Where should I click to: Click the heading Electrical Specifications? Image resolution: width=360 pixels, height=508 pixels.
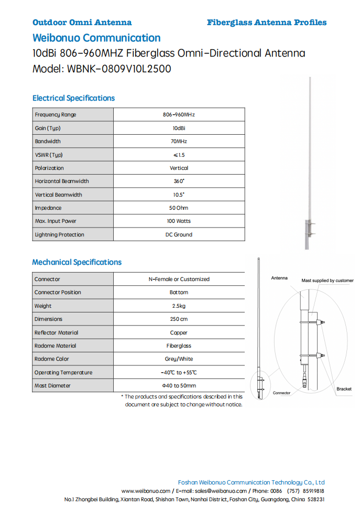coord(73,98)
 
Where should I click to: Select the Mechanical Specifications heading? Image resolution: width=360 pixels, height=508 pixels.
coord(77,262)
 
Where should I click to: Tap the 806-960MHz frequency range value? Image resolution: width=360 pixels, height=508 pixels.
coord(179,114)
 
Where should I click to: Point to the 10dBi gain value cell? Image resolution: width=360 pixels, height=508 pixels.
coord(179,128)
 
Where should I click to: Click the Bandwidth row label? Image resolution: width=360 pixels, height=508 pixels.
coord(48,142)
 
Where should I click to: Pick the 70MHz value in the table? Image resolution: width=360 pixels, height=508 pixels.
coord(179,142)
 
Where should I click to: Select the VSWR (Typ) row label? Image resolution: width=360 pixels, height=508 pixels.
coord(49,155)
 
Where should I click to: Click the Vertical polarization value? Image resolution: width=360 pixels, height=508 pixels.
coord(179,168)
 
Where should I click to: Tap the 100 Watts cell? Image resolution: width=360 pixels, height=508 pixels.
coord(179,221)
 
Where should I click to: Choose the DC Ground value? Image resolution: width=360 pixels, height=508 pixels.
coord(179,235)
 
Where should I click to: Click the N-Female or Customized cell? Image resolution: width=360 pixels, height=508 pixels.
coord(179,279)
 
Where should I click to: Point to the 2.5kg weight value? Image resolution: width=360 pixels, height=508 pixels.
coord(179,306)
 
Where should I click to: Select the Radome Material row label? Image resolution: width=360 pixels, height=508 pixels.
coord(55,346)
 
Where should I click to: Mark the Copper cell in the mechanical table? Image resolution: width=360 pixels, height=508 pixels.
coord(179,333)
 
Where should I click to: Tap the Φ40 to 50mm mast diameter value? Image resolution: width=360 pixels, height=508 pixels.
coord(179,386)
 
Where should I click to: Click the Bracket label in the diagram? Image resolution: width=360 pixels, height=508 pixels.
coord(344,389)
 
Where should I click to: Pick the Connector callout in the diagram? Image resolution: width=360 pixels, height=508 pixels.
coord(281,393)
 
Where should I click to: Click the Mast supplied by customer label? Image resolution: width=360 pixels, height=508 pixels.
coord(327,280)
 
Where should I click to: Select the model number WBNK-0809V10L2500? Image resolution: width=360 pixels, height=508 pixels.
coord(119,69)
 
